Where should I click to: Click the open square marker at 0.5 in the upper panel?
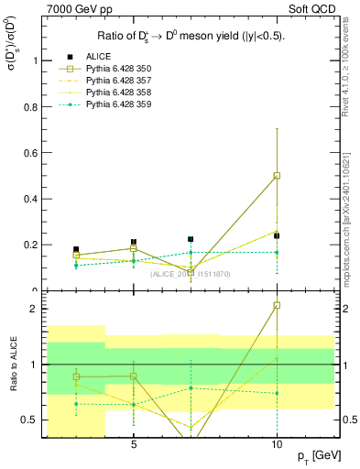coord(277,175)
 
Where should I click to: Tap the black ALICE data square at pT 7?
coord(191,239)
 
